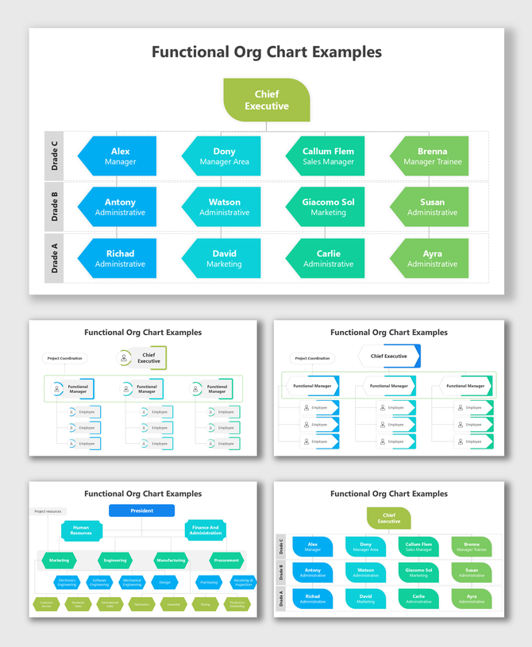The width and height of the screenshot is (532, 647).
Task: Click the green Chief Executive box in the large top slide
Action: [x=267, y=100]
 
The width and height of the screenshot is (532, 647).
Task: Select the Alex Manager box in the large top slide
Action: [x=120, y=156]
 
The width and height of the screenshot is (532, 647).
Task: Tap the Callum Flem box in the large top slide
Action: [x=328, y=156]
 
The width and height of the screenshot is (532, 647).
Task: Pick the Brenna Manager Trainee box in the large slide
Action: [x=432, y=156]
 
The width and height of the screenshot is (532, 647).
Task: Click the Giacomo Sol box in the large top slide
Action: [x=328, y=207]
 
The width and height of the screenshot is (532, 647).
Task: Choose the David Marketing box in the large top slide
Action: [x=224, y=259]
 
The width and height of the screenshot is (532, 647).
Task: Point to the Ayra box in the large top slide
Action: [x=432, y=259]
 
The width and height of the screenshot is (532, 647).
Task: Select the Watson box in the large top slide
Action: [x=224, y=207]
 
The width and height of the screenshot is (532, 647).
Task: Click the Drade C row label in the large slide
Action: [x=55, y=156]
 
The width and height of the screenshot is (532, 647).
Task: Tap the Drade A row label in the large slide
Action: [x=55, y=259]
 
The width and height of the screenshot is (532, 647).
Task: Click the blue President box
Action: [x=142, y=510]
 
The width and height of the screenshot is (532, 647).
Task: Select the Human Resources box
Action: [x=81, y=530]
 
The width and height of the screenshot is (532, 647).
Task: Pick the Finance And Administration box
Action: [x=206, y=530]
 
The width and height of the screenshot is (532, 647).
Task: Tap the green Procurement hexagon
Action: [x=226, y=560]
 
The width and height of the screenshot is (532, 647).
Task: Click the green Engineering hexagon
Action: [x=115, y=560]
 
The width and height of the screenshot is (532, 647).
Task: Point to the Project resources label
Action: [x=48, y=511]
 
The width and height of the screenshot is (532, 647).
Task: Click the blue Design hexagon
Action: [x=164, y=582]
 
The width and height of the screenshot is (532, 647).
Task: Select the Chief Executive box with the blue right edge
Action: [x=389, y=356]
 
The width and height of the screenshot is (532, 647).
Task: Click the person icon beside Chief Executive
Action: [x=125, y=358]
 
